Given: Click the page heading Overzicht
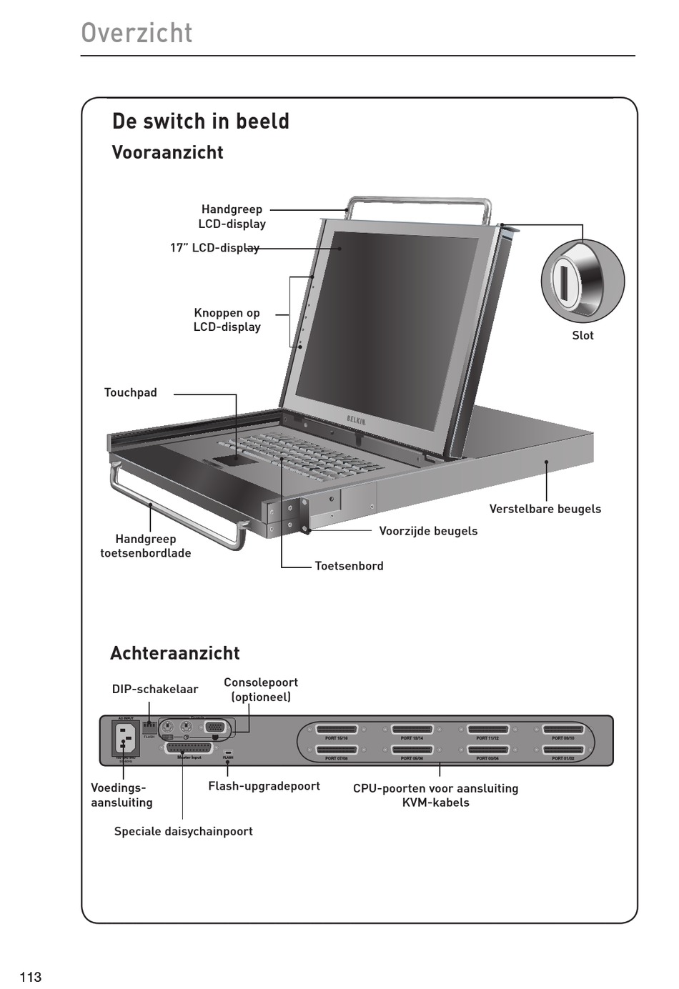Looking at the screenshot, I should tap(137, 33).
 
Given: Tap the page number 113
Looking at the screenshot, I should tap(31, 977).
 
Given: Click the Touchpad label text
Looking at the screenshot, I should tap(131, 392).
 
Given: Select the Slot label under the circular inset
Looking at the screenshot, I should tap(583, 335).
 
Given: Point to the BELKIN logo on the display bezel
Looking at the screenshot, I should tap(356, 420).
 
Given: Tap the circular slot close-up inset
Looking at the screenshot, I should tap(582, 280).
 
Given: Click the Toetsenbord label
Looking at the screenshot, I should tap(349, 566).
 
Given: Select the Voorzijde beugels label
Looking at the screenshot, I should tap(428, 531).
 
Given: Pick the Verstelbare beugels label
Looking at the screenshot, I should tap(545, 509).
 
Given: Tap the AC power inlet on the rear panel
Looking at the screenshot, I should tap(126, 737).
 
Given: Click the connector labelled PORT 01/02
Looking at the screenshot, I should tap(563, 750).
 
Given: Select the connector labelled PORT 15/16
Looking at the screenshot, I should tap(337, 730).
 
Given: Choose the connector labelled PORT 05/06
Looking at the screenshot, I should tap(412, 750).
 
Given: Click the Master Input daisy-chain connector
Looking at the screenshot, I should tap(189, 748).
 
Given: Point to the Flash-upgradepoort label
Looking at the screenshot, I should tap(264, 786).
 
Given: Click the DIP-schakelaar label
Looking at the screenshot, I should tap(155, 689).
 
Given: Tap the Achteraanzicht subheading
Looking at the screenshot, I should tap(175, 653).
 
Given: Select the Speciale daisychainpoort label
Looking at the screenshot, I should tap(184, 831).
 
